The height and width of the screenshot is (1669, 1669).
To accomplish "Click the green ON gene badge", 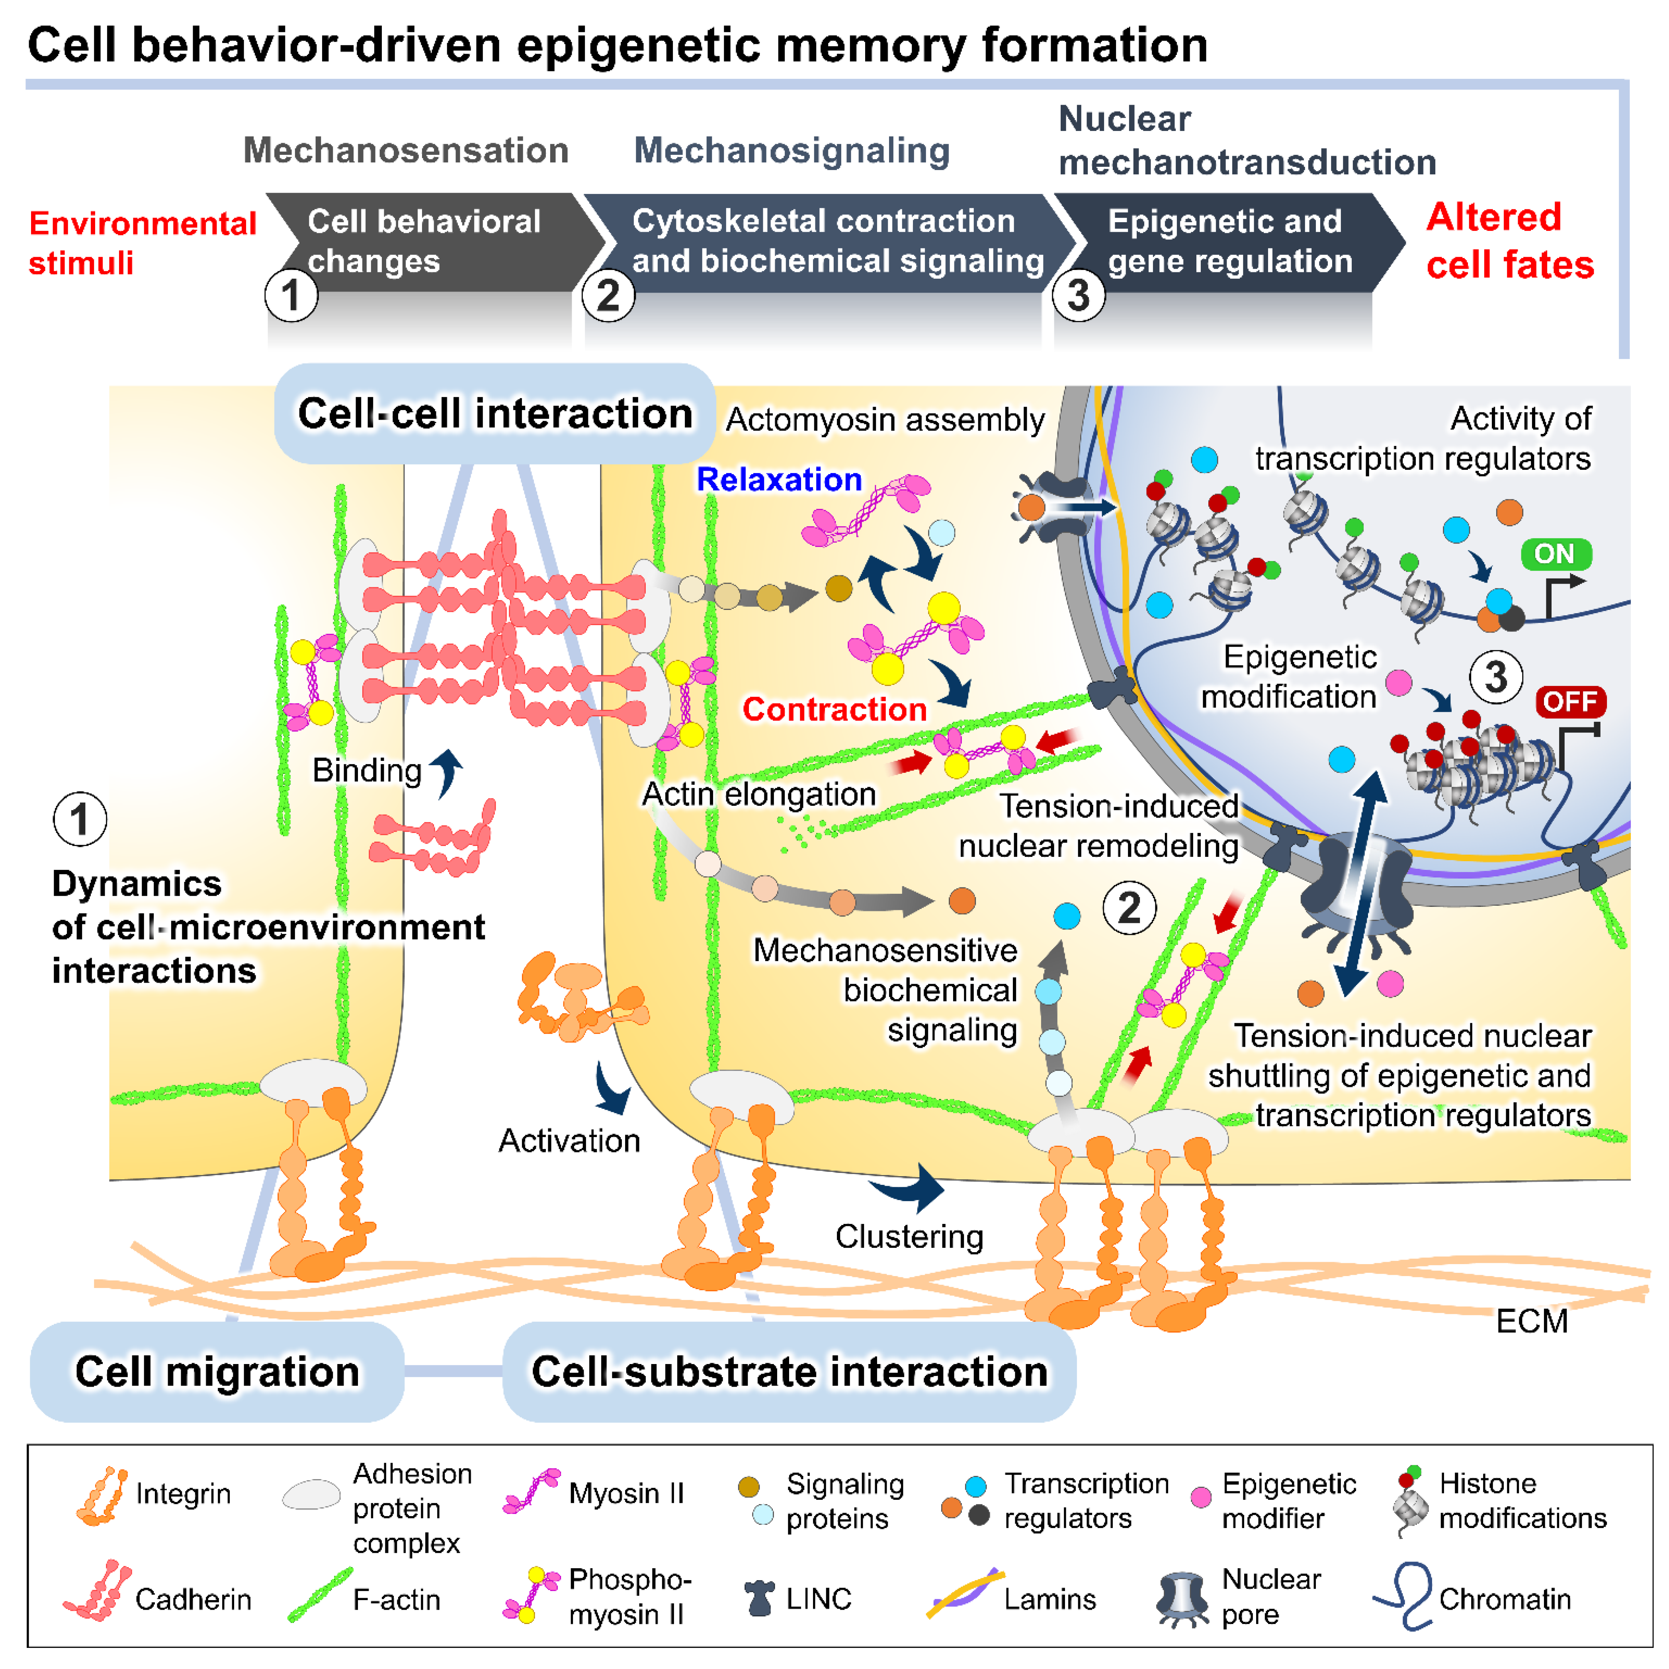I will (1555, 554).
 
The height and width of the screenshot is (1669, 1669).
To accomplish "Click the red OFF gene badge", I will (1569, 702).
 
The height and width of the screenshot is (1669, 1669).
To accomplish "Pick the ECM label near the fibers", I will (1531, 1321).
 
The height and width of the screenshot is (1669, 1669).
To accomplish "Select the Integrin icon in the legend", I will (102, 1495).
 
